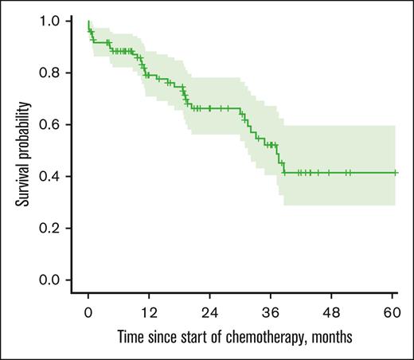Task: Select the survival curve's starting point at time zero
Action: [x=88, y=22]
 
